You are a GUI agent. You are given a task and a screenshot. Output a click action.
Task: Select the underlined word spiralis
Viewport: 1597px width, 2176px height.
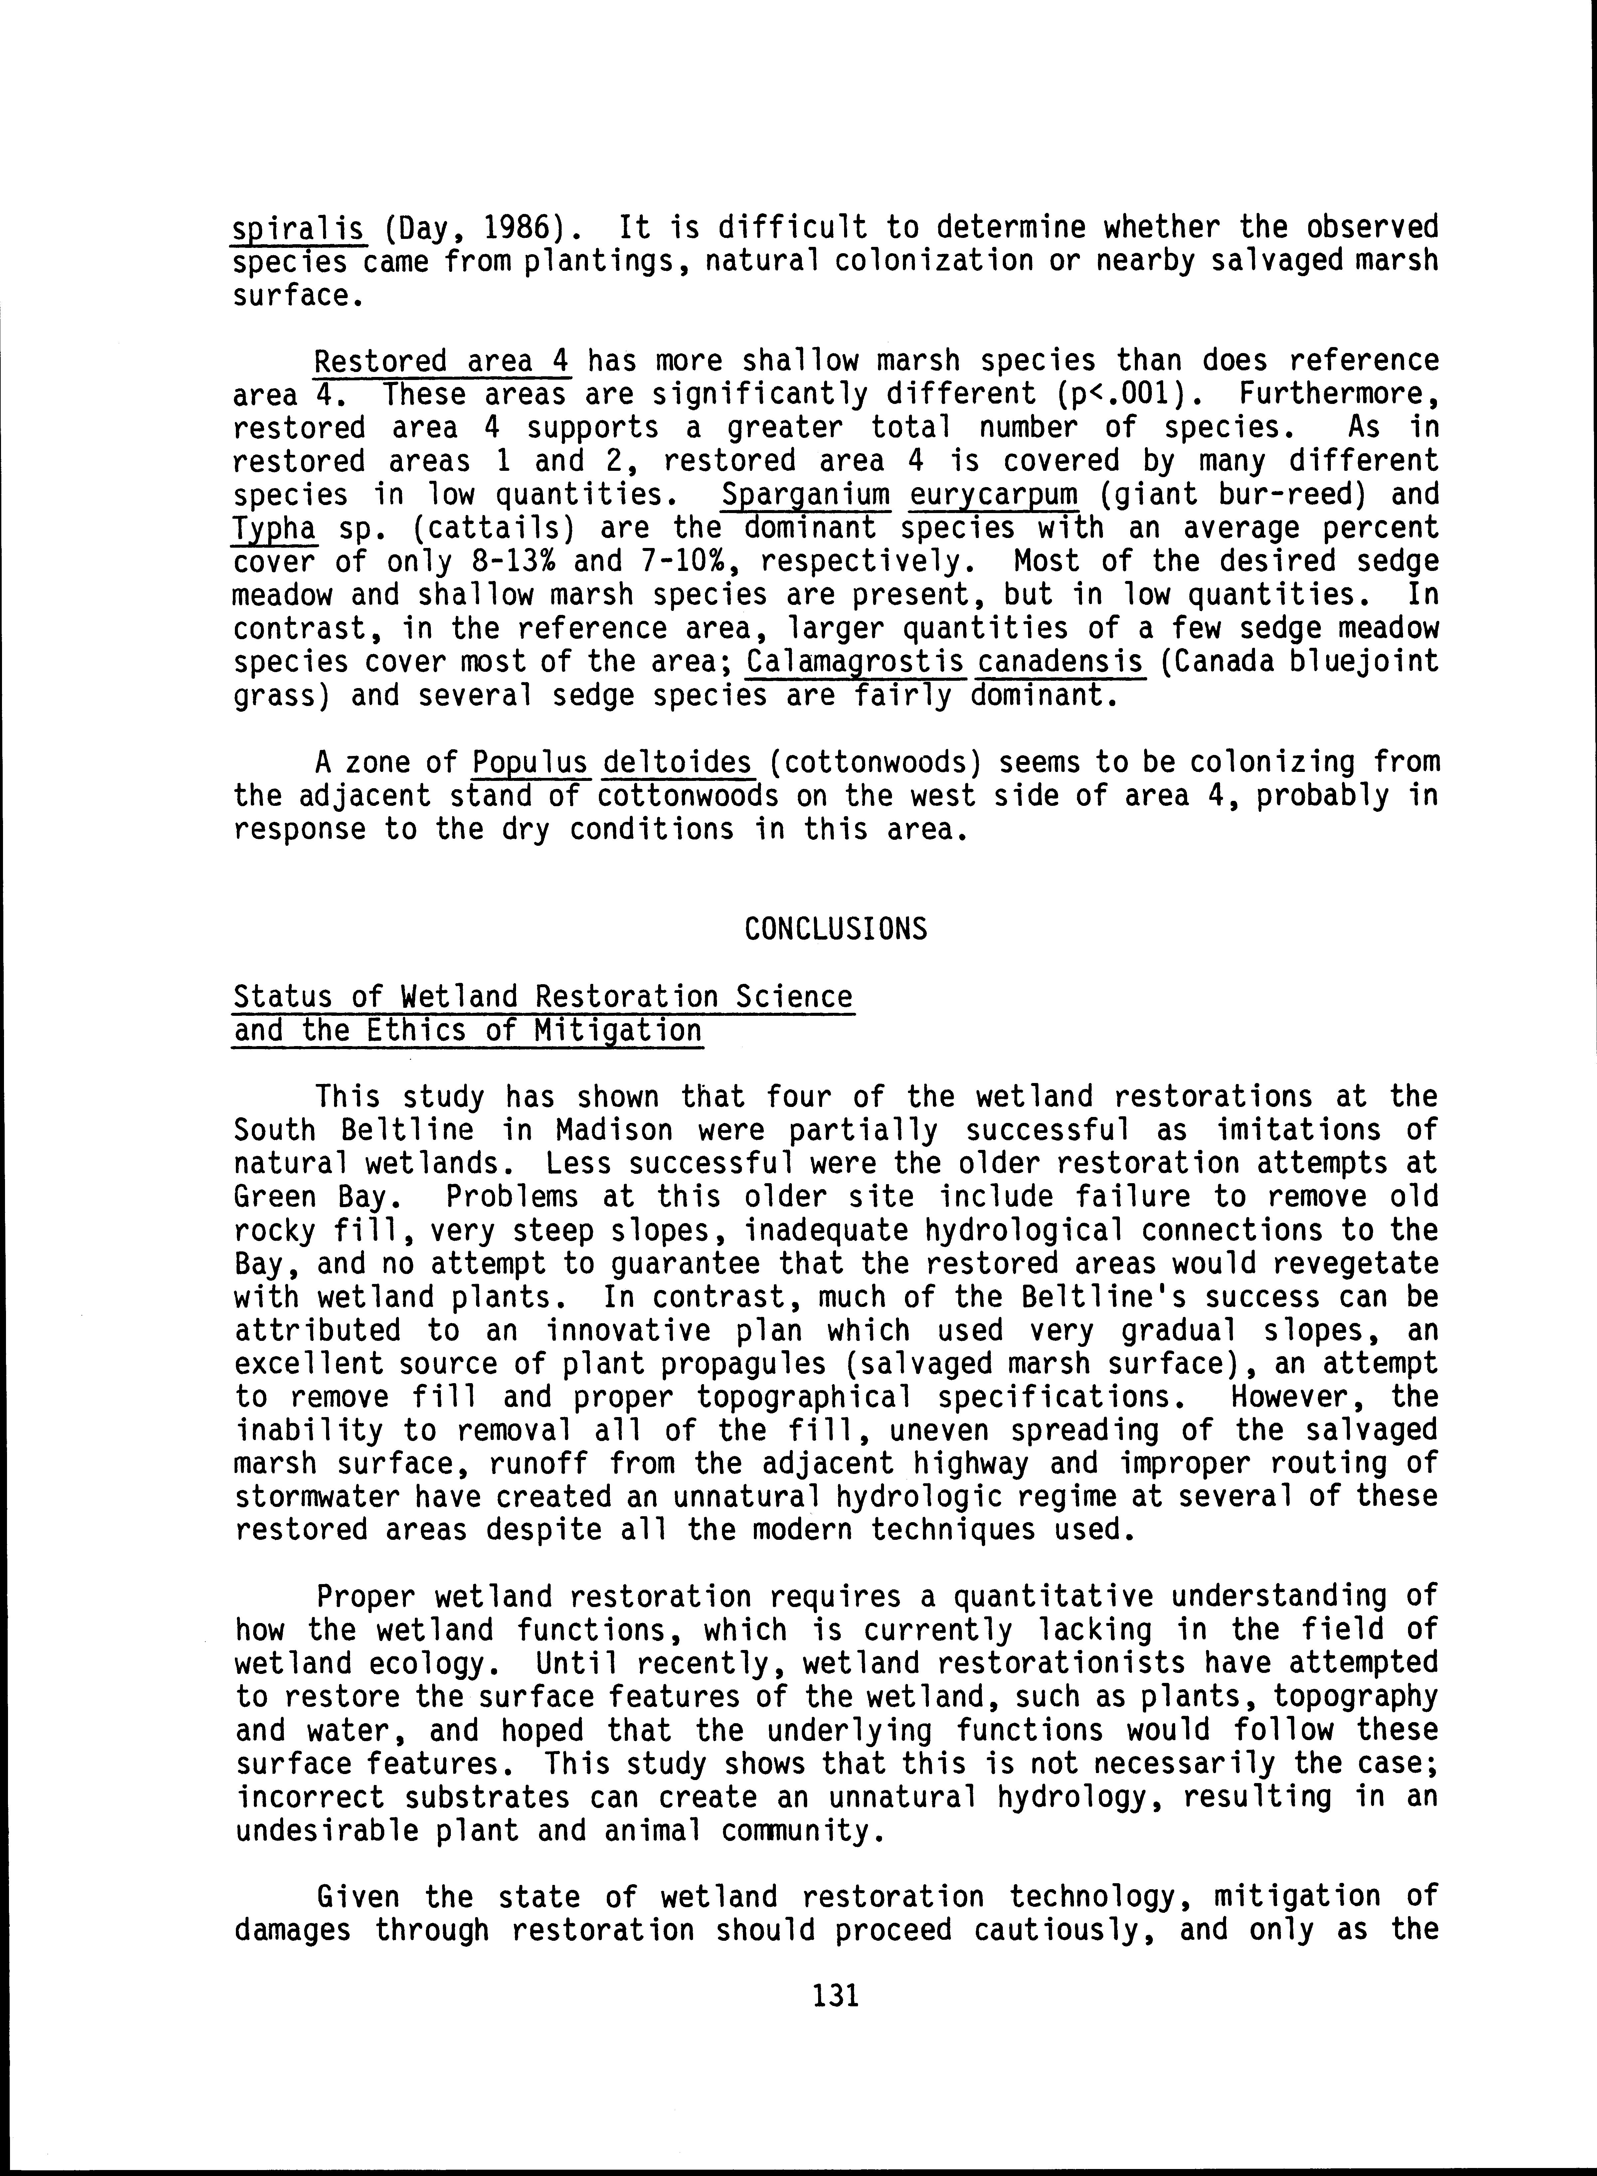click(x=298, y=228)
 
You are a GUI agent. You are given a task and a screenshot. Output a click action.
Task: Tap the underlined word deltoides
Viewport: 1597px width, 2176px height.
click(x=677, y=763)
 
